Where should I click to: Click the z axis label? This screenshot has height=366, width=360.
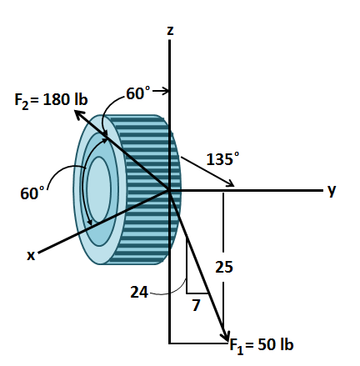coord(170,31)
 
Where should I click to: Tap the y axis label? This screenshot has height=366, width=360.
coord(332,190)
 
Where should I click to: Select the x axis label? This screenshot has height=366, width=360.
coord(31,255)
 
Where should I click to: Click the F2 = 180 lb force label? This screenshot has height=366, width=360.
coord(51,100)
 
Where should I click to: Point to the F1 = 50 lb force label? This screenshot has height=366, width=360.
coord(262,344)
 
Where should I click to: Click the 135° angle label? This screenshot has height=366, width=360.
coord(222,158)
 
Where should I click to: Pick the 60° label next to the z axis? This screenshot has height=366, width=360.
coord(138,93)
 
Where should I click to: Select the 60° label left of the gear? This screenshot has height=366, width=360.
coord(33,193)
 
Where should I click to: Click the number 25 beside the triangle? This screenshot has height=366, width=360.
coord(224,268)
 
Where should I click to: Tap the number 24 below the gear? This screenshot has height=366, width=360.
coord(140,291)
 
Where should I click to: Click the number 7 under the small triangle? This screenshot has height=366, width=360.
coord(196,305)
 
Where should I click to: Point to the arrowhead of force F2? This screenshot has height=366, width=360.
coord(77,113)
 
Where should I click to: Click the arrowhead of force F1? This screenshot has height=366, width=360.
coord(224,335)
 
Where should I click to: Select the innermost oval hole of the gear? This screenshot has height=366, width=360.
coord(98,190)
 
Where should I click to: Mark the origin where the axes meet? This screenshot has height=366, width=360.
coord(170,191)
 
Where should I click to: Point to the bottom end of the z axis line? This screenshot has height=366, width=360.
coord(170,342)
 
